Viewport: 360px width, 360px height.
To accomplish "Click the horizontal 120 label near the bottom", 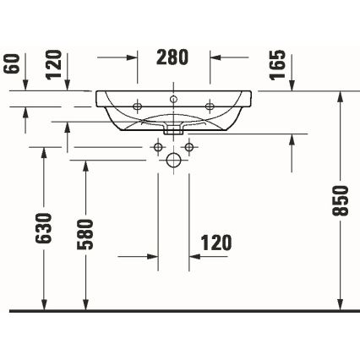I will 215,243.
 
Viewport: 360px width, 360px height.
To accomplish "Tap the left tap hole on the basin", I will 139,106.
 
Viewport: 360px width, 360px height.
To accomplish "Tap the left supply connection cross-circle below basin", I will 158,148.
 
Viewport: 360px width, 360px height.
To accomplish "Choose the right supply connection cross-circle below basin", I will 190,148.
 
